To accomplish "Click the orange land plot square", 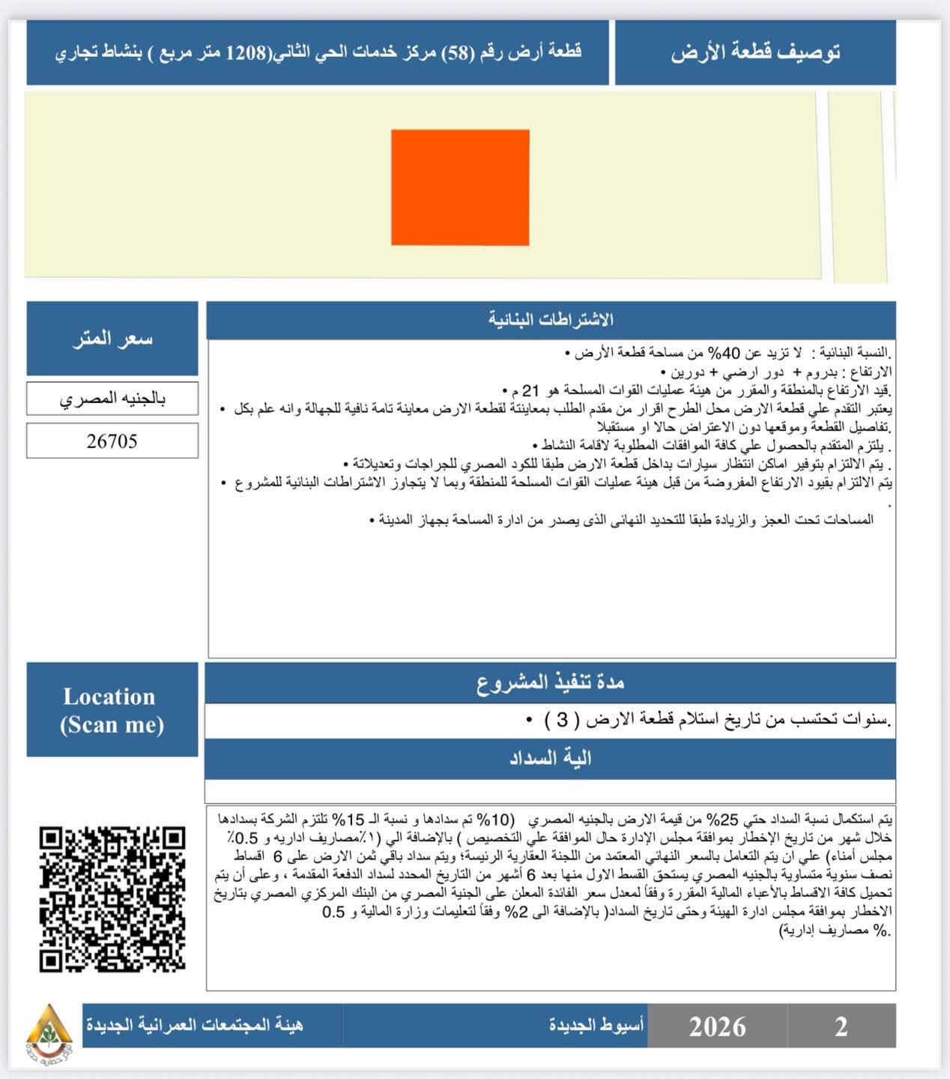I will pos(460,187).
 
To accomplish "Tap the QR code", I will pos(112,898).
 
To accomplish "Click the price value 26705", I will pos(112,441).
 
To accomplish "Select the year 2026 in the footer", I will pos(717,1026).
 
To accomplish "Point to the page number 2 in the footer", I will pos(841,1026).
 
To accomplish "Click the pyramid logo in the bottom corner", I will pos(49,1026).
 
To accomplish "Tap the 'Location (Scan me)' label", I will pos(112,710).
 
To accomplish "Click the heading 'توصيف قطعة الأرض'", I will pos(755,52).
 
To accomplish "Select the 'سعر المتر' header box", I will pos(112,339).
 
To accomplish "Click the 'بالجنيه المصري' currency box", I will pos(112,399).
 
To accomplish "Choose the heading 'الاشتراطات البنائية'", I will pos(551,320).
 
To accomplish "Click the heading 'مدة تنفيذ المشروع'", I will pos(551,683).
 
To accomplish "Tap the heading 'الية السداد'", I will pos(551,758).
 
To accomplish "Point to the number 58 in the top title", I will pos(454,52).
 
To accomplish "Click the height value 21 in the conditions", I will pos(530,390).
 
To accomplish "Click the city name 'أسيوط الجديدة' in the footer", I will pos(596,1025).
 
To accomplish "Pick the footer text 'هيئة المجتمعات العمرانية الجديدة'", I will pos(194,1025).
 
